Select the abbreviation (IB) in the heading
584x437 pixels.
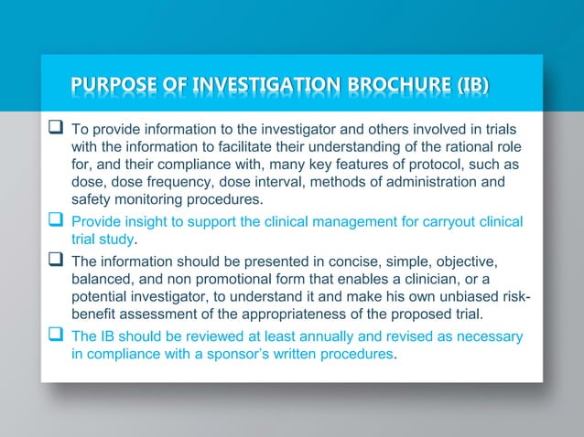472,88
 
